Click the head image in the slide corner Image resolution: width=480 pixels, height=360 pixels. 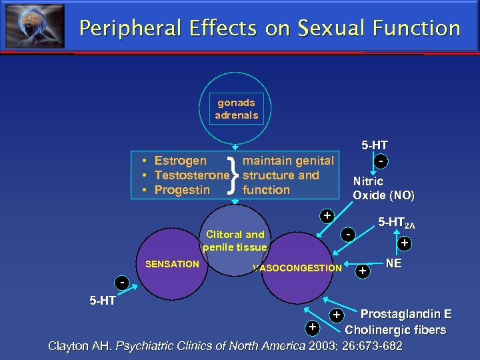coord(35,26)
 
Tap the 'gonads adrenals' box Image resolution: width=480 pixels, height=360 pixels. coord(236,109)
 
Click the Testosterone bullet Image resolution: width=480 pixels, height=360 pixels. coord(190,175)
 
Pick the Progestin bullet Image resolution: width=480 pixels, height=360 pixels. coord(182,190)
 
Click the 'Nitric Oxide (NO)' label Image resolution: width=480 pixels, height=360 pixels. coord(383,188)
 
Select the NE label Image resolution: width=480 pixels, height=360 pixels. coord(393,263)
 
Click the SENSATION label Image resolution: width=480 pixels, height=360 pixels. coord(172,264)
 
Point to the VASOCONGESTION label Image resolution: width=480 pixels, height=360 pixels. coord(297,269)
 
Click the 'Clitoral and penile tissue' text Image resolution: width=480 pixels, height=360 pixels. coord(235,241)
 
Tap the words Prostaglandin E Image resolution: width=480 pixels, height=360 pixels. coord(405,315)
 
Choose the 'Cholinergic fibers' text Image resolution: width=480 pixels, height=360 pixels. coord(395,330)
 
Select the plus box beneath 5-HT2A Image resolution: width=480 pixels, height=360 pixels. coord(404,244)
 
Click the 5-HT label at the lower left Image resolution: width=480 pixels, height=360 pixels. coord(103,301)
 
